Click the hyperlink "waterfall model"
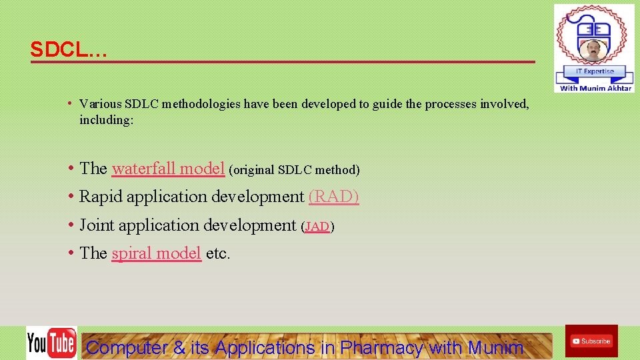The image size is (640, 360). pyautogui.click(x=168, y=169)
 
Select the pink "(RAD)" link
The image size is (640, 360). pyautogui.click(x=333, y=197)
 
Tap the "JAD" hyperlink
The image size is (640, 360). pyautogui.click(x=317, y=227)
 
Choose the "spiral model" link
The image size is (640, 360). pyautogui.click(x=156, y=253)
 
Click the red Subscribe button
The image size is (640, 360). pyautogui.click(x=591, y=341)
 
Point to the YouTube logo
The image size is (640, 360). pyautogui.click(x=51, y=343)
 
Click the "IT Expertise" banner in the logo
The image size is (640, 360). pyautogui.click(x=594, y=71)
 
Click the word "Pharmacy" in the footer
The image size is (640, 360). pyautogui.click(x=381, y=347)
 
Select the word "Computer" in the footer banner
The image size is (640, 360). pyautogui.click(x=127, y=347)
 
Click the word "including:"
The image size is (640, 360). pyautogui.click(x=107, y=120)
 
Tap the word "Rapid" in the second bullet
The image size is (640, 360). pyautogui.click(x=101, y=197)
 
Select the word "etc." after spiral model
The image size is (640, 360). pyautogui.click(x=218, y=253)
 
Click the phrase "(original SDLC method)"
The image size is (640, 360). pyautogui.click(x=294, y=170)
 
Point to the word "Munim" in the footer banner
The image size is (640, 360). pyautogui.click(x=495, y=347)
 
